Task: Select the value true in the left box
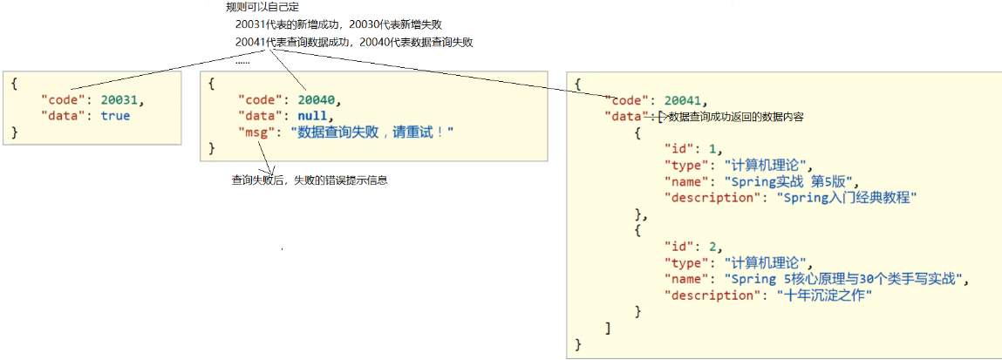[115, 116]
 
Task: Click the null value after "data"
[312, 115]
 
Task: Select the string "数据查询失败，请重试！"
[372, 132]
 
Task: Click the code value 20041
[684, 99]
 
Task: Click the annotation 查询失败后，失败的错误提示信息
[309, 180]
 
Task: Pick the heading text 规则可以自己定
[262, 7]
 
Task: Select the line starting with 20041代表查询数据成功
[354, 42]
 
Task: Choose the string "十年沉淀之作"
[824, 295]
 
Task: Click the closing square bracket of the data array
[608, 328]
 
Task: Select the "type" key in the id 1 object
[685, 165]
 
